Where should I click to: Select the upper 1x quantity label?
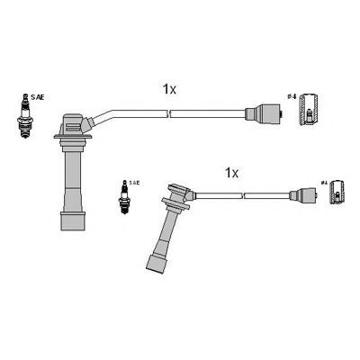tap(170, 88)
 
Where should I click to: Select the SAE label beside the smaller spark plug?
tap(134, 182)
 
